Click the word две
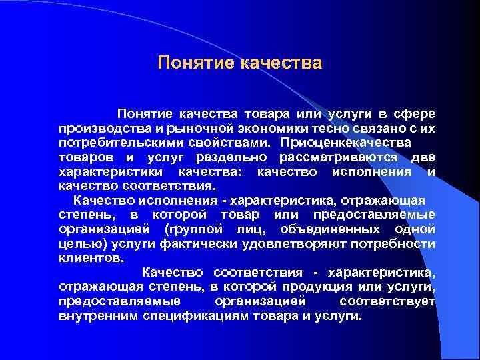click(x=423, y=157)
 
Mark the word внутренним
click(x=98, y=315)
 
